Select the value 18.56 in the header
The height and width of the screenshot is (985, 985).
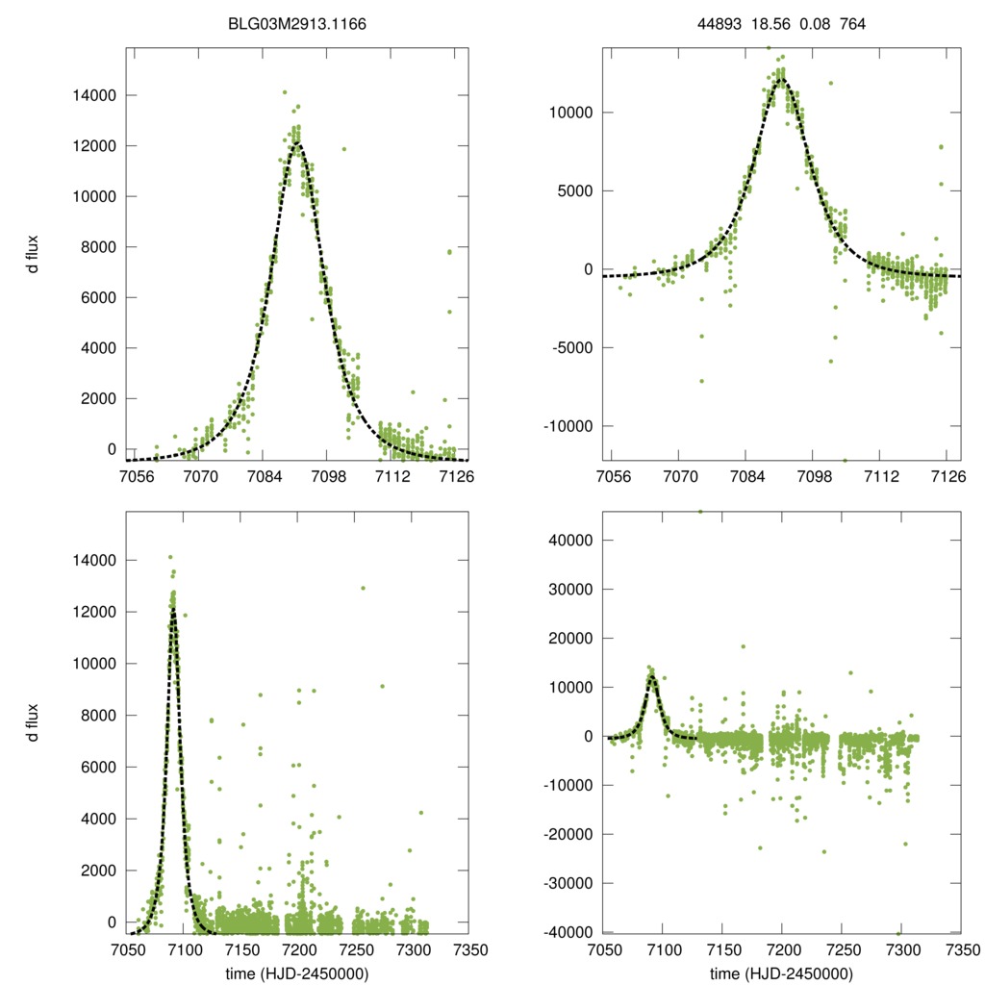click(x=770, y=25)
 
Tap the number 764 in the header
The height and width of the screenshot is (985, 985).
click(x=853, y=25)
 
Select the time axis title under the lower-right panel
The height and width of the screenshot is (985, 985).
click(x=779, y=973)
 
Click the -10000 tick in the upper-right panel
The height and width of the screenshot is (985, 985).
click(x=568, y=426)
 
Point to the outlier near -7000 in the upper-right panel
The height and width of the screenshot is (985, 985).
click(x=701, y=381)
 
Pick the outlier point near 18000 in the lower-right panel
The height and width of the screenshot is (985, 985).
click(x=743, y=646)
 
